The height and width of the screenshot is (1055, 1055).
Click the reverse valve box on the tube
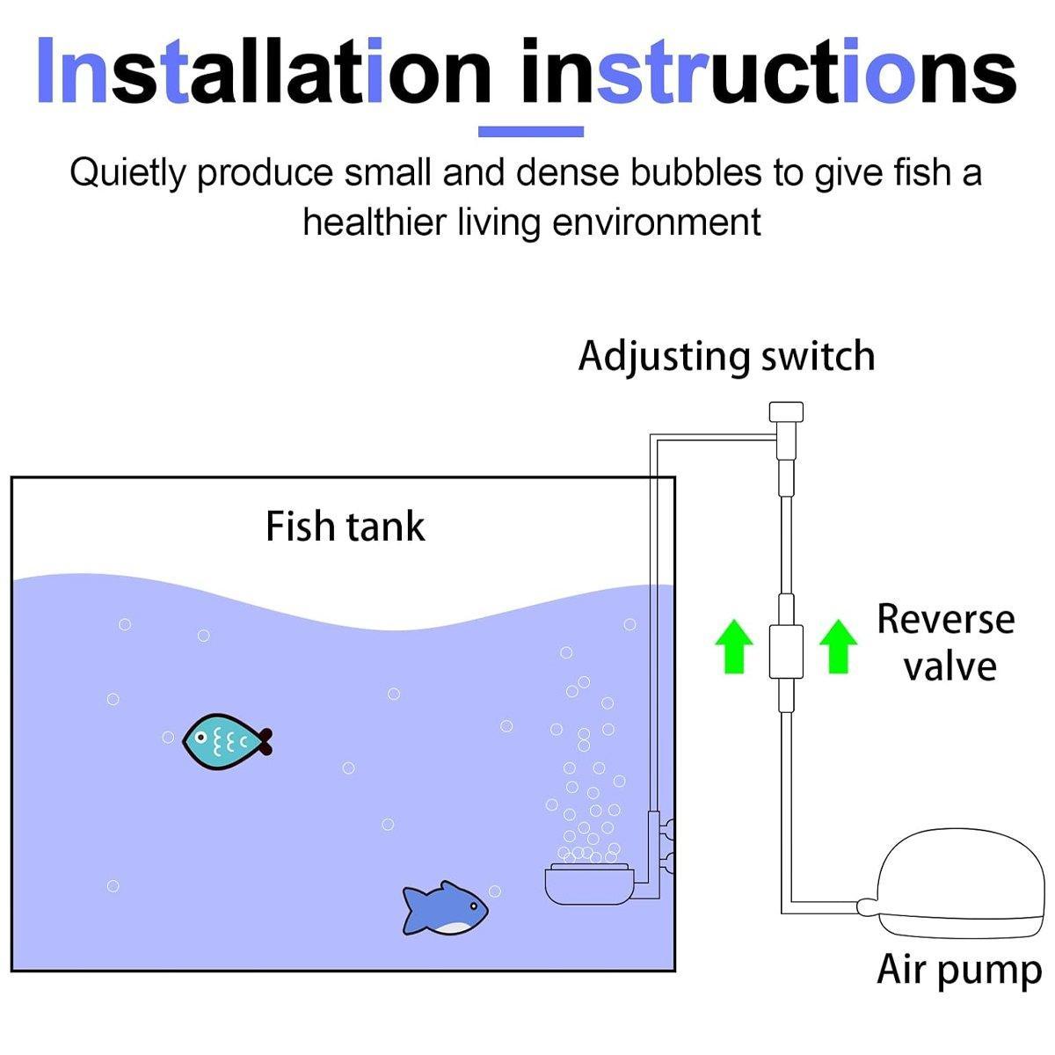[x=786, y=651]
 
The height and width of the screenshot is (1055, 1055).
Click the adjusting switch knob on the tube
[x=786, y=412]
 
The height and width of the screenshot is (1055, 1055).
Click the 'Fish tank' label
[x=345, y=527]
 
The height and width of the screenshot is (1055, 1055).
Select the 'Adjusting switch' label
[x=726, y=357]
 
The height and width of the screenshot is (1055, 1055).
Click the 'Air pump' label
[x=958, y=970]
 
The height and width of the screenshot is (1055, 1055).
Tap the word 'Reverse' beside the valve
[x=945, y=619]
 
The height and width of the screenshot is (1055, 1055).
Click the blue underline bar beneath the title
[x=530, y=132]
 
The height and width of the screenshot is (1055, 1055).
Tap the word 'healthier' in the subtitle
[x=375, y=222]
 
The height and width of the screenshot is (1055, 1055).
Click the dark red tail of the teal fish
[x=265, y=742]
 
